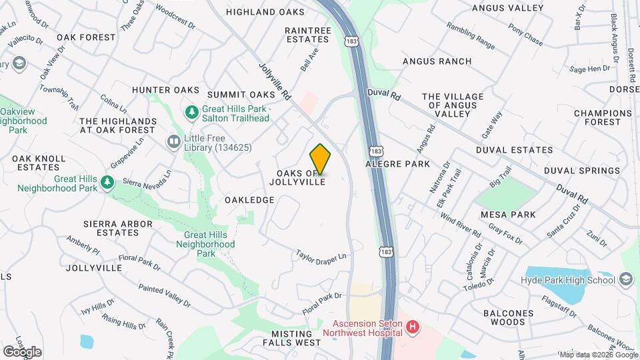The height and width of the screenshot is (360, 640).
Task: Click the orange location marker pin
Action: pos(321,159)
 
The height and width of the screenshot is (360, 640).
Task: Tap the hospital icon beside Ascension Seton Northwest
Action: pos(413,327)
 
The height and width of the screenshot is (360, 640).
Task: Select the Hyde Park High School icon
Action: pos(625,279)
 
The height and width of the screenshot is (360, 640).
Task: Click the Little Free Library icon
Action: pos(173,141)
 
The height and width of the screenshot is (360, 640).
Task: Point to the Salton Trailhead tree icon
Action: pos(192,112)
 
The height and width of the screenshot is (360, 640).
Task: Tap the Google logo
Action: pos(22,351)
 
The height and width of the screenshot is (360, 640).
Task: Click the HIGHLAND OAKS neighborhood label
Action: pos(265,12)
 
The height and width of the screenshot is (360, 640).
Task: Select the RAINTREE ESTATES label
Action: pos(307,35)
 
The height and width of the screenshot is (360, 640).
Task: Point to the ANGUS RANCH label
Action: pos(437,61)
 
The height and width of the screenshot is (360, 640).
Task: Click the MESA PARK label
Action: pos(508,215)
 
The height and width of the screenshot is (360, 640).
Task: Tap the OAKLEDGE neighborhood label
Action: pos(249,200)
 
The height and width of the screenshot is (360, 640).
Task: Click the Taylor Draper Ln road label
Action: pos(323,255)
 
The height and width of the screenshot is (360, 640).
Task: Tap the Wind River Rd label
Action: pos(461,227)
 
